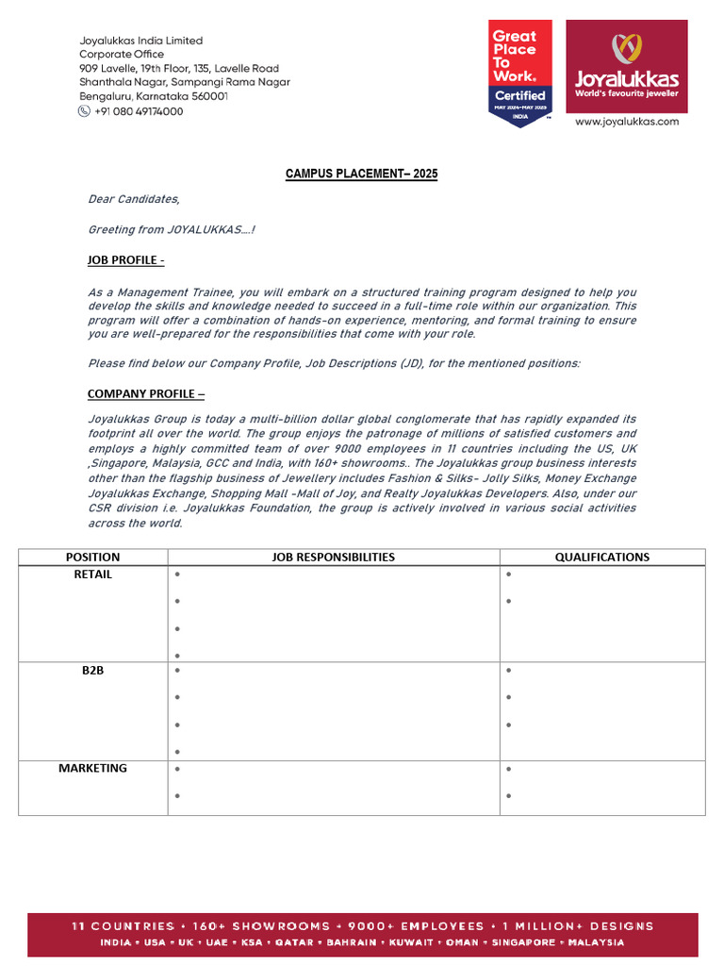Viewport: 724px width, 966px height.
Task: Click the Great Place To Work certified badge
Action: (x=520, y=72)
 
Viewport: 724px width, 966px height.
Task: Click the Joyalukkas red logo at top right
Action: (x=626, y=65)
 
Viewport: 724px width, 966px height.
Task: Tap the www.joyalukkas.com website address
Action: (x=626, y=121)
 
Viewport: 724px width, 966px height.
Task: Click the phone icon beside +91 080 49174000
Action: (x=85, y=111)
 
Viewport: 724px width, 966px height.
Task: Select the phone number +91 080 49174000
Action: (x=139, y=111)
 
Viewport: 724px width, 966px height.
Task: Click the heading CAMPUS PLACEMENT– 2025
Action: (x=361, y=175)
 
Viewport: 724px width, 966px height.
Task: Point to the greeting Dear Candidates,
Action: (x=133, y=199)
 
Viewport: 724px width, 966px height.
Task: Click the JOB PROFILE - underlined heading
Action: (x=126, y=260)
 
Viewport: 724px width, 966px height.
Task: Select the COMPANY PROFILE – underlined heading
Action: (x=146, y=393)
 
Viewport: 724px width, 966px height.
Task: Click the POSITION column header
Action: (x=92, y=558)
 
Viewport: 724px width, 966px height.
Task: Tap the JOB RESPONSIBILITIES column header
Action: (x=334, y=558)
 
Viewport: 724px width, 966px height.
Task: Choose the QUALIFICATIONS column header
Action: (x=601, y=558)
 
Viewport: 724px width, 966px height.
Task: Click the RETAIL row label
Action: (x=92, y=575)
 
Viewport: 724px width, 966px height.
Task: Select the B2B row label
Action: (x=92, y=671)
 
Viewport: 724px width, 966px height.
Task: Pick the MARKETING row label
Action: (x=92, y=769)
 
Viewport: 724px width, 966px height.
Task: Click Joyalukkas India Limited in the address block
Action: (x=140, y=41)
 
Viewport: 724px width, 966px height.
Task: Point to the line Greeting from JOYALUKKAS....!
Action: (x=172, y=230)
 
